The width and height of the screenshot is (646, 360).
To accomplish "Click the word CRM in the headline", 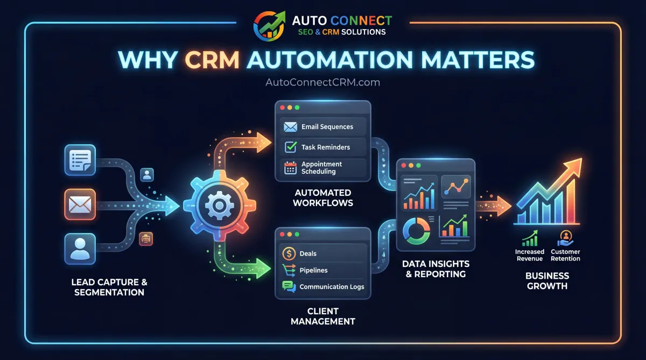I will tap(213, 60).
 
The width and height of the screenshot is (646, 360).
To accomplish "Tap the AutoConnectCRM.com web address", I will tap(323, 82).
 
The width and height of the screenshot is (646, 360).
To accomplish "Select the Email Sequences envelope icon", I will tap(291, 127).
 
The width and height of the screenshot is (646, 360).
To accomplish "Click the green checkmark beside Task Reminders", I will tap(291, 147).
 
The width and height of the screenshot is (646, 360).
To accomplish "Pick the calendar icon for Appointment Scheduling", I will tap(291, 167).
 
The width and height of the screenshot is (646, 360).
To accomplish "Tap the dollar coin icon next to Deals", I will tap(289, 253).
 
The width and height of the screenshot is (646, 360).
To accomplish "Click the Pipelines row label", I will tap(313, 270).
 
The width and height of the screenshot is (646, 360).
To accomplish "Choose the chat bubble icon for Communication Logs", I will tap(289, 287).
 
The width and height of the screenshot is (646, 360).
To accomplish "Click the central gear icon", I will tap(217, 207).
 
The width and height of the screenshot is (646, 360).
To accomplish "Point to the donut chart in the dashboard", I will tap(416, 230).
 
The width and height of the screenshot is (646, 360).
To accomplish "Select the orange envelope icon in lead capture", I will tap(80, 204).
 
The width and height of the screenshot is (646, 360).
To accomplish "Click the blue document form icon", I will tap(80, 160).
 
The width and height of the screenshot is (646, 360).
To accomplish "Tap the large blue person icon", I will tap(80, 249).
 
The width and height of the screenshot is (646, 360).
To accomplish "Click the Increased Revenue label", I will tap(530, 255).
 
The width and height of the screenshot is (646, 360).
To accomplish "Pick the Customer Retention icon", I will tap(565, 237).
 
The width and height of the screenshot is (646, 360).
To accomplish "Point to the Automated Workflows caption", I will tap(323, 197).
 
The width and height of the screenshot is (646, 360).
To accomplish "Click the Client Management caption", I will tap(323, 316).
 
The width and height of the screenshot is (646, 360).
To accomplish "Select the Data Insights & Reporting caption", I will tap(436, 269).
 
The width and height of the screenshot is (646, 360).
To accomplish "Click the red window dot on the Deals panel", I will tap(281, 235).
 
